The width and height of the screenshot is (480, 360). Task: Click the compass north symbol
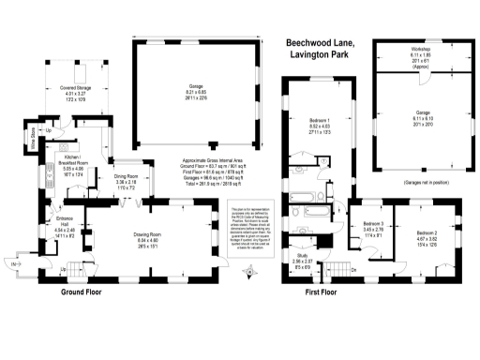click(x=247, y=273)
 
